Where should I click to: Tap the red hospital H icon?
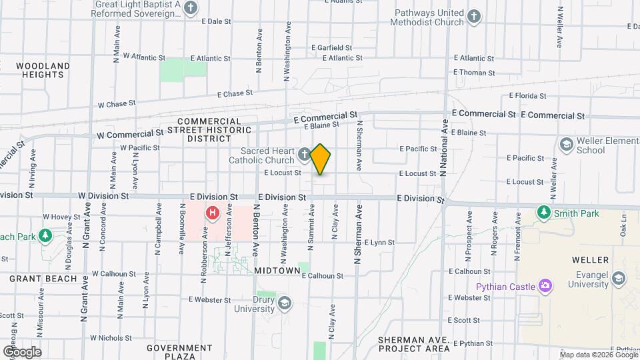coord(213,213)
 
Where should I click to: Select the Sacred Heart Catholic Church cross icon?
coord(304,155)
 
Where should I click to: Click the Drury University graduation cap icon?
coord(285,303)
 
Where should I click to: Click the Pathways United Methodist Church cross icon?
coord(473,16)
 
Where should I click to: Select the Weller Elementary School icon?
coord(566,145)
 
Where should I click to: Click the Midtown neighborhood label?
coord(277,271)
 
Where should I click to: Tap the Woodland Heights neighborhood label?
coord(43,70)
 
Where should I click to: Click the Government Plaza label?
coord(179,352)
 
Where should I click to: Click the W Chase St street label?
coord(117,105)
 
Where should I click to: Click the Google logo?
coord(22,352)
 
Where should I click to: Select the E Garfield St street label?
coord(332,48)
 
